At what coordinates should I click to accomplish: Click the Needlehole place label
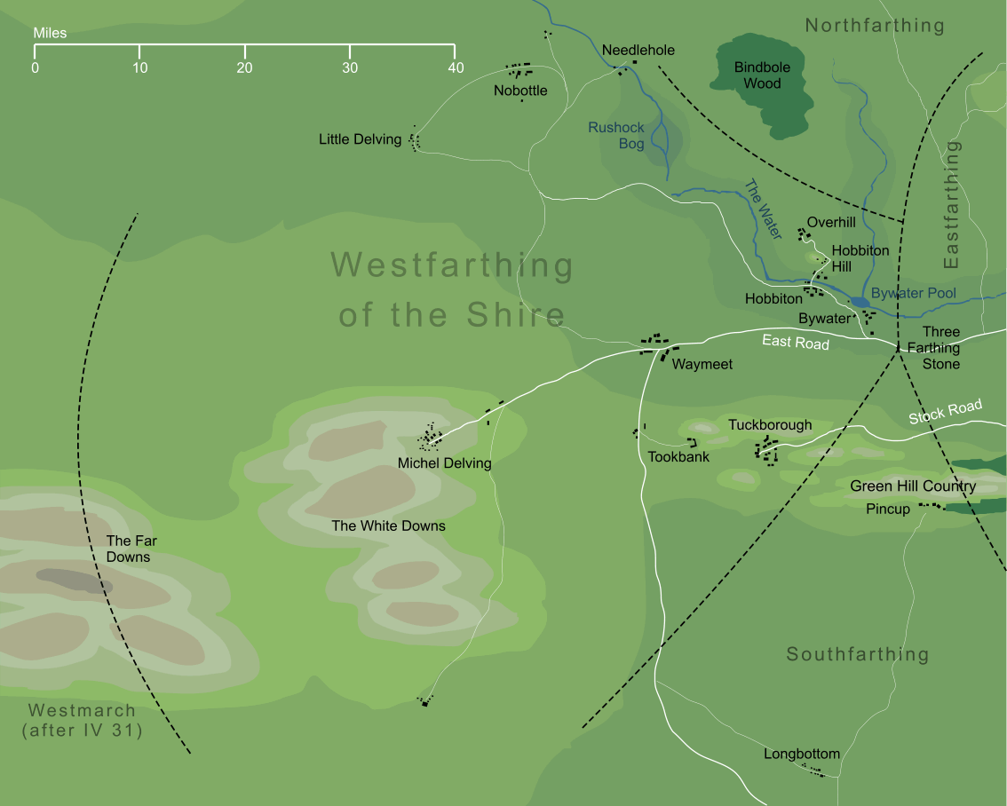638,51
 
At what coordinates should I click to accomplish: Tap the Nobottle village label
520,91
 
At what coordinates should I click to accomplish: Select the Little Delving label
360,139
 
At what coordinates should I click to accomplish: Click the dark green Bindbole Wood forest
762,89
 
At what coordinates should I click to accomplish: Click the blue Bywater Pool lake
860,303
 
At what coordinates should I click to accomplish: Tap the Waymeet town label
702,364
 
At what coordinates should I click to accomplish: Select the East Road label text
795,343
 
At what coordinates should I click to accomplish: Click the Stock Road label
945,412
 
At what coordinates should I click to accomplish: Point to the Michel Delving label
444,463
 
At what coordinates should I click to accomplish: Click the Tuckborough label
770,425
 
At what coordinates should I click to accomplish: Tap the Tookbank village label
678,457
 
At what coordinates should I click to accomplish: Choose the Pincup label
888,510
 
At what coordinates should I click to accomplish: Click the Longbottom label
802,755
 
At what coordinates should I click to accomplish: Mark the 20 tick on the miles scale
245,67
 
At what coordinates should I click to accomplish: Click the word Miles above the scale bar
50,34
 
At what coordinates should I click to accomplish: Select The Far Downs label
128,549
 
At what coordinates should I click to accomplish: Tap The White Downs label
388,525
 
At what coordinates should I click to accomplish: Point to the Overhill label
831,223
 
